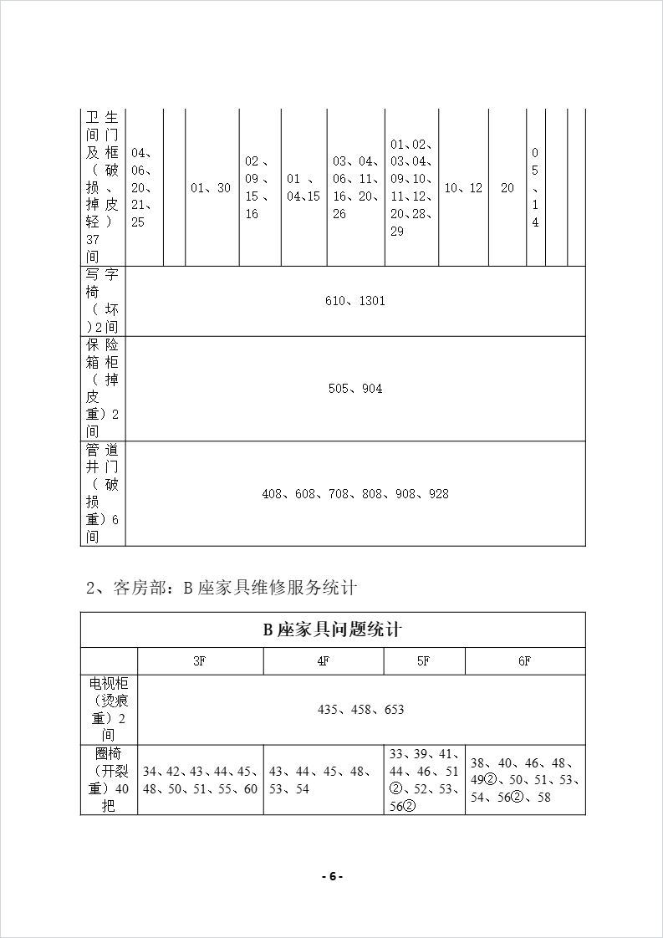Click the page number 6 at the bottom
click(x=332, y=876)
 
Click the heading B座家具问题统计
click(x=333, y=630)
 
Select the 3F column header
click(x=200, y=660)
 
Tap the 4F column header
click(x=323, y=660)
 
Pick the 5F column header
click(x=424, y=660)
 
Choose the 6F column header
click(x=524, y=660)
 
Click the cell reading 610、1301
click(x=355, y=301)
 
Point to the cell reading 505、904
click(x=355, y=389)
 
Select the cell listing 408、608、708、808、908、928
click(x=355, y=494)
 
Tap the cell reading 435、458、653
click(x=361, y=709)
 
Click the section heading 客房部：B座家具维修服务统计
click(x=222, y=588)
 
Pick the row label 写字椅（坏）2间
click(x=102, y=301)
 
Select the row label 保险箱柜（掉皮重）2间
click(x=102, y=389)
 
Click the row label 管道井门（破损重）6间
click(x=102, y=494)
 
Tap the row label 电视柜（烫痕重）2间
click(x=109, y=709)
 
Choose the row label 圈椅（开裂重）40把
click(x=109, y=779)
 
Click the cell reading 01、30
click(x=211, y=188)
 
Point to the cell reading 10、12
click(x=463, y=188)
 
